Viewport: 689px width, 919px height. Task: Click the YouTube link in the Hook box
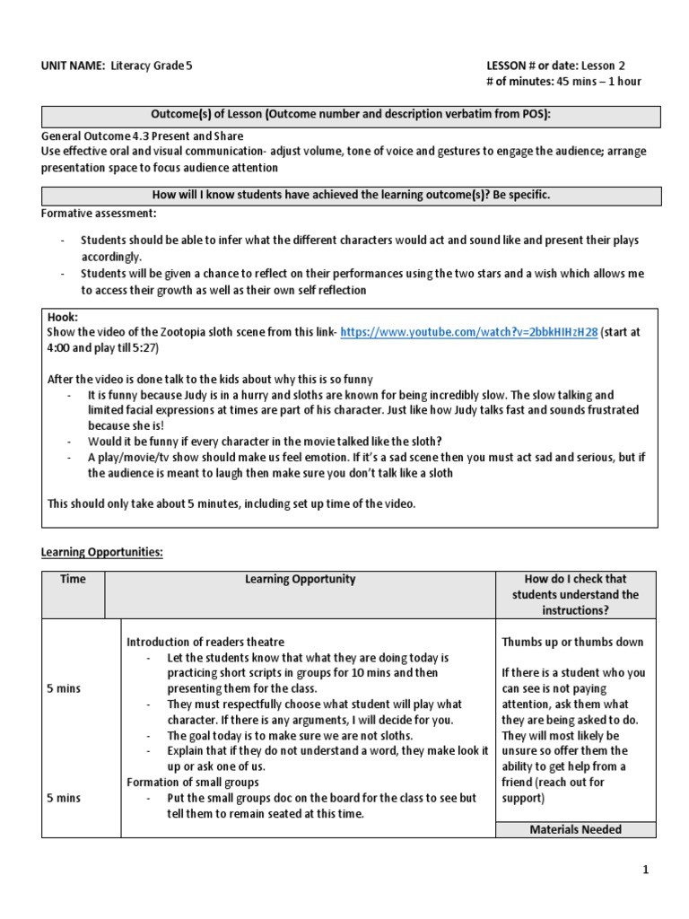[x=468, y=330]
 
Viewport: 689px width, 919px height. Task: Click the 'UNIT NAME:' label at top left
[x=73, y=66]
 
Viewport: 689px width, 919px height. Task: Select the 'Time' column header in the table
[x=73, y=579]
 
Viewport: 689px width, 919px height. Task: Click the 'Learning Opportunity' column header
[x=300, y=579]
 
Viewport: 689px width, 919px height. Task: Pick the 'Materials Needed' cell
[x=576, y=829]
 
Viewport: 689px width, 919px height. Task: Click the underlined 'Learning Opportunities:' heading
[x=102, y=552]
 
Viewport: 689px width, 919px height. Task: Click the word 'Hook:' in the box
[x=63, y=317]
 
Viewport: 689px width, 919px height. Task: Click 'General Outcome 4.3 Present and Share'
[x=142, y=136]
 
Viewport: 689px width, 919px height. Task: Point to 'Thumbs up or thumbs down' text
[x=572, y=642]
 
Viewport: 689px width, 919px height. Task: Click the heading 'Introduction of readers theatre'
[x=205, y=642]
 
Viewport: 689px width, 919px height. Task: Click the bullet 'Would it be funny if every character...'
[x=265, y=441]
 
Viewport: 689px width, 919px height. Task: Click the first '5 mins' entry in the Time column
[x=64, y=688]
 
